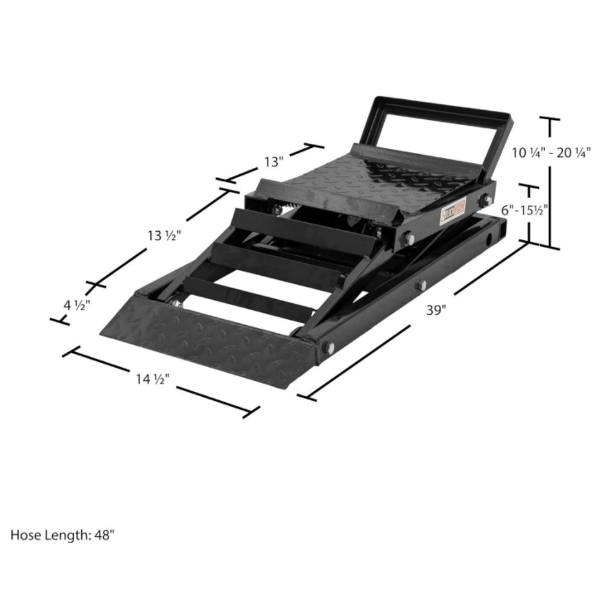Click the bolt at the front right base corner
tap(328, 347)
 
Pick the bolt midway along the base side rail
tap(421, 284)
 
